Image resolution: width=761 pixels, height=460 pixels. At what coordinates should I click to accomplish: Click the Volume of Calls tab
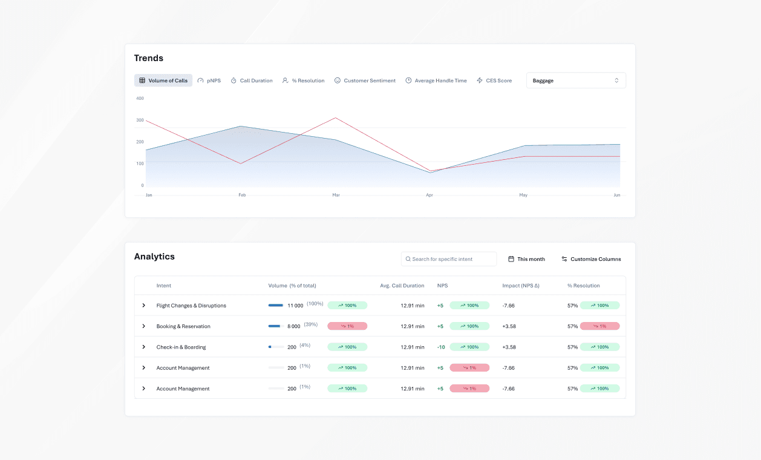coord(163,80)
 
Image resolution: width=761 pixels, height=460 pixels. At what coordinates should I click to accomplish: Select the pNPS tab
coord(209,80)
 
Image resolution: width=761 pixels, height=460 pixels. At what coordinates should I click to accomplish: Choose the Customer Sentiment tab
coord(365,80)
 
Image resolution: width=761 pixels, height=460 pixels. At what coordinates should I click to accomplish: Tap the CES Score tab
coord(494,80)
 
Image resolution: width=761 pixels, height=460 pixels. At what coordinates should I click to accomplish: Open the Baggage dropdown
coord(576,80)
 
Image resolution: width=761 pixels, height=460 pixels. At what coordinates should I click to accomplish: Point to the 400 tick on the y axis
coord(140,98)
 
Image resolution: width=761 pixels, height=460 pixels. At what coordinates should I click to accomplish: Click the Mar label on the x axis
coord(336,195)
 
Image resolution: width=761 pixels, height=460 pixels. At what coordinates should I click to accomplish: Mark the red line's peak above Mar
coord(336,118)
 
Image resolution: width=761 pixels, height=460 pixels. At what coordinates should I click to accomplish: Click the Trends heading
coord(149,58)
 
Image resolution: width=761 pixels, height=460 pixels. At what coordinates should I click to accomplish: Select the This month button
coord(526,259)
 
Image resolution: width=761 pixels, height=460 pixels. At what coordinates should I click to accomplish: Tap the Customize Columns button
coord(591,259)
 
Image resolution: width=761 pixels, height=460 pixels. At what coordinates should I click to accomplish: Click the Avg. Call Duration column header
coord(402,286)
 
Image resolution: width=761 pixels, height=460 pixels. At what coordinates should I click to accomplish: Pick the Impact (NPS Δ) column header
coord(520,286)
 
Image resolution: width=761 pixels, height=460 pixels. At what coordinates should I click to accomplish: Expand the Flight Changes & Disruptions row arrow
coord(143,306)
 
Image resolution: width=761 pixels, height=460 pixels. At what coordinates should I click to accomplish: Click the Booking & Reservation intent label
coord(183,326)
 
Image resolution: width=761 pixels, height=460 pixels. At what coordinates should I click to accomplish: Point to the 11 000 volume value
coord(295,306)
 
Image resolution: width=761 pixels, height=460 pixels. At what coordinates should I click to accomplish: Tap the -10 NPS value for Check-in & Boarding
coord(440,347)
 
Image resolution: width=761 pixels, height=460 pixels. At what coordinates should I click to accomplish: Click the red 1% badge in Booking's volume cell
coord(347,326)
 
